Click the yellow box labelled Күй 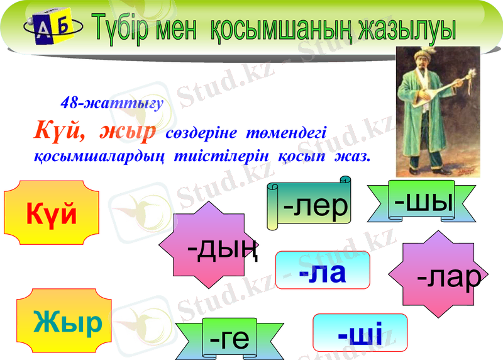coord(52,213)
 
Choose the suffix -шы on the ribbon coord(424,201)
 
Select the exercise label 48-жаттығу coord(111,103)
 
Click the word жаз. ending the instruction coord(352,154)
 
